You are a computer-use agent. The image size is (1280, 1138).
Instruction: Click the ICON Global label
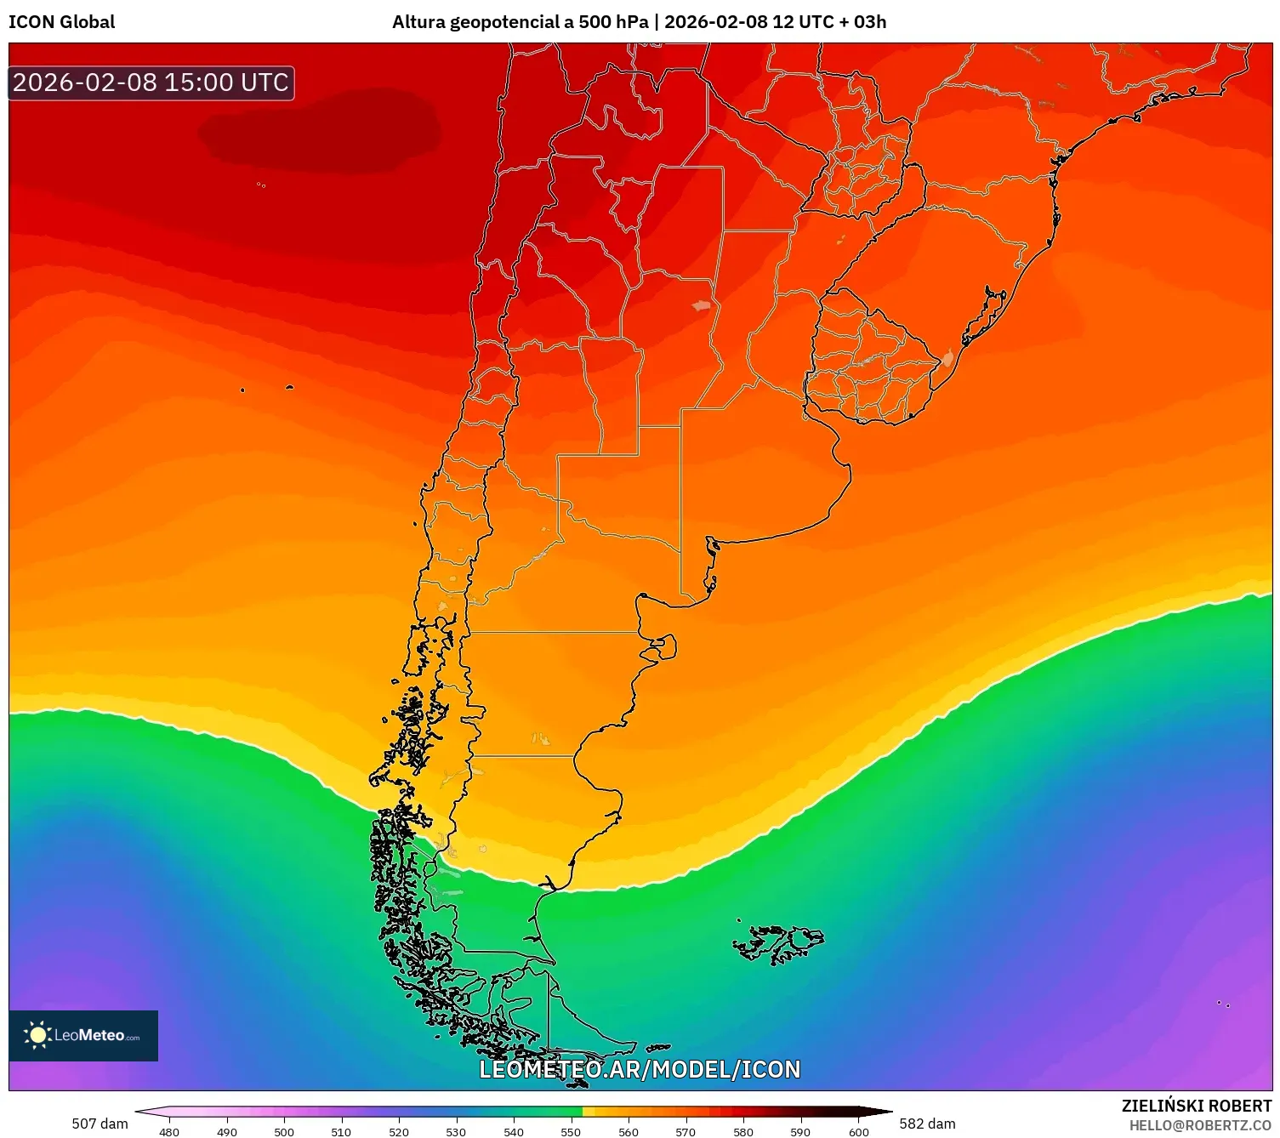click(x=61, y=22)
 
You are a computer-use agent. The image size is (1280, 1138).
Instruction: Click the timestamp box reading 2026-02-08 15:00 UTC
click(x=151, y=83)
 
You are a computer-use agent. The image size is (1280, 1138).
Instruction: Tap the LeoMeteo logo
click(x=83, y=1035)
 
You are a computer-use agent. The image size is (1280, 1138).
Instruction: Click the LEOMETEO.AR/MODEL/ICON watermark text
click(x=640, y=1069)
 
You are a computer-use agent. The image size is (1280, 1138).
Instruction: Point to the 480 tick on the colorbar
click(x=169, y=1131)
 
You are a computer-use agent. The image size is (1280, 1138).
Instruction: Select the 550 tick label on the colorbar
click(x=571, y=1131)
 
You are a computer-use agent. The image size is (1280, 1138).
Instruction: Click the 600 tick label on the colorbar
click(x=859, y=1131)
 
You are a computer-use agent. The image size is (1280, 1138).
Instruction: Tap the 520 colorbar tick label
click(x=398, y=1131)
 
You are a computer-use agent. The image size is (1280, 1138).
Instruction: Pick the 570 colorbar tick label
click(x=686, y=1131)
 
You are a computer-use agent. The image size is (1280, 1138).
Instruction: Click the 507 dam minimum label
click(x=100, y=1124)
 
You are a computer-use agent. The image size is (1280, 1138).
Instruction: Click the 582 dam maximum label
click(x=927, y=1124)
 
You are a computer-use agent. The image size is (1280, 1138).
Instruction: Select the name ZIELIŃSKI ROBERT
click(x=1196, y=1106)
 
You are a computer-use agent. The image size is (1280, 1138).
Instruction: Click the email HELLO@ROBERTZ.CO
click(x=1200, y=1125)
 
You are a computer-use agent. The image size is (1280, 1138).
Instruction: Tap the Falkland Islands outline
click(x=778, y=942)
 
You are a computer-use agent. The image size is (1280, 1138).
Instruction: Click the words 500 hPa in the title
click(x=613, y=22)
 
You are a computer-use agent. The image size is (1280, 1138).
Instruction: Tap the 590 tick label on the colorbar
click(x=800, y=1131)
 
